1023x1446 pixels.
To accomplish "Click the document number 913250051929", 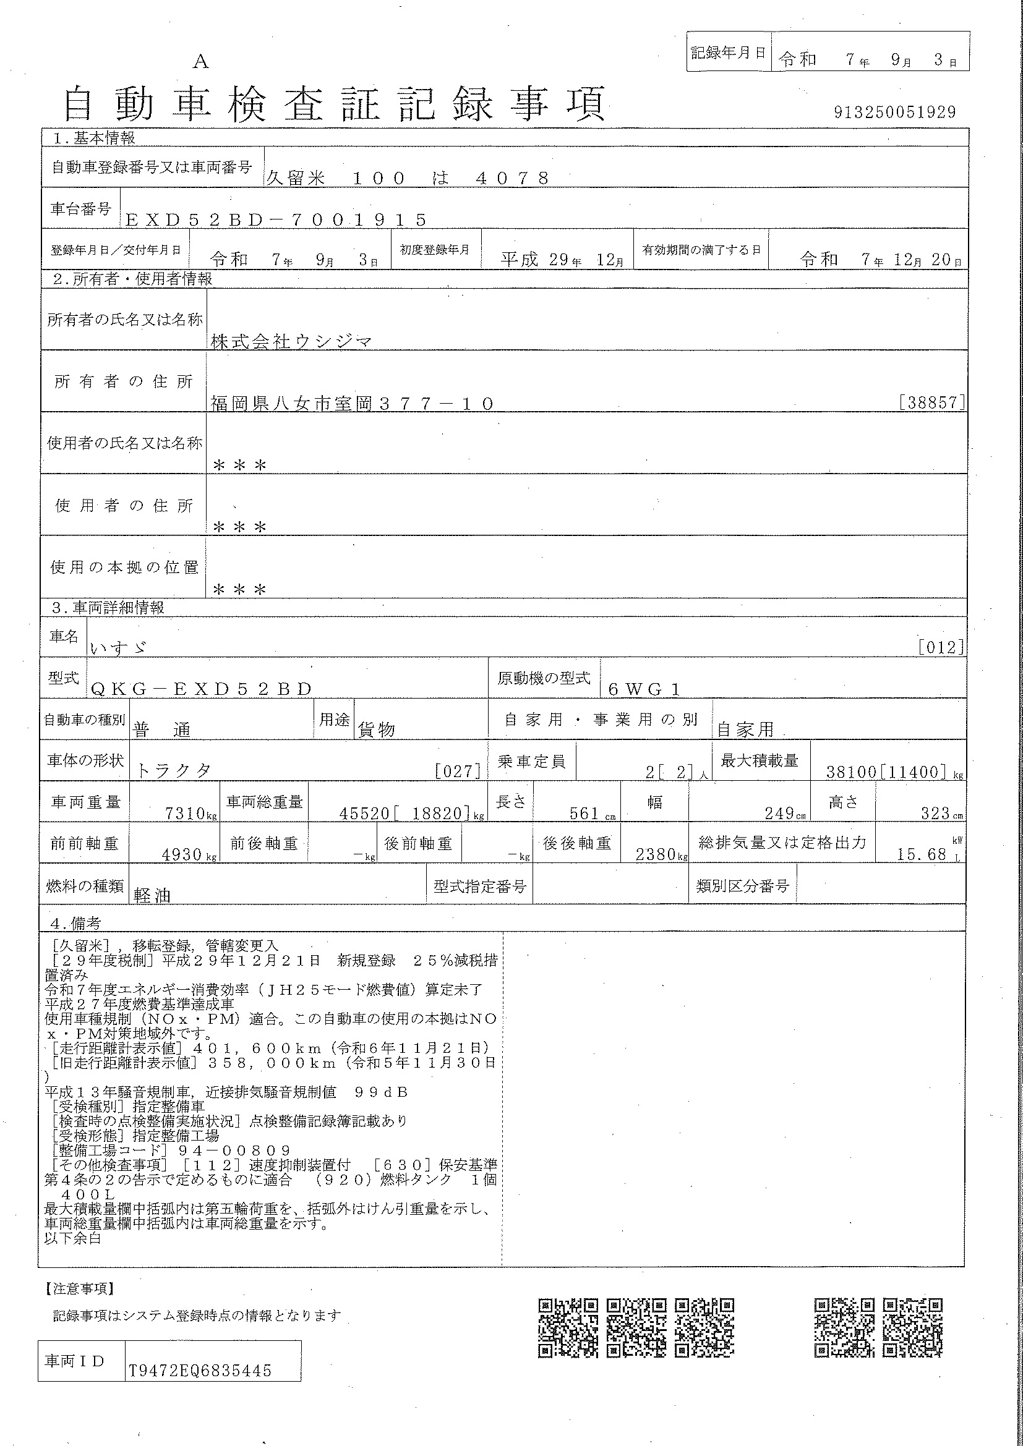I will pyautogui.click(x=894, y=112).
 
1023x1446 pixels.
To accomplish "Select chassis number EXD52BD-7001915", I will pyautogui.click(x=276, y=220).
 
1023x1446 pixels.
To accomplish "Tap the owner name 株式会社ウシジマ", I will pyautogui.click(x=291, y=342).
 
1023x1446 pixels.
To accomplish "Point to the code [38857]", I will pyautogui.click(x=932, y=403).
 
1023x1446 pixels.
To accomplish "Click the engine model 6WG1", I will pyautogui.click(x=644, y=690).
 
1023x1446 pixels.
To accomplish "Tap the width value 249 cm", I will pyautogui.click(x=785, y=814).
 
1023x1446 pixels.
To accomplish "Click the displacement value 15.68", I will pyautogui.click(x=922, y=854).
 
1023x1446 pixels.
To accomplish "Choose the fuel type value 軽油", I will pyautogui.click(x=152, y=896).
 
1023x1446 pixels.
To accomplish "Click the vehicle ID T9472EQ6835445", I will pyautogui.click(x=200, y=1372).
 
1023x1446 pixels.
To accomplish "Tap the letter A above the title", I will pyautogui.click(x=200, y=61).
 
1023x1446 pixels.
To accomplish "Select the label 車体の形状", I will pyautogui.click(x=86, y=761).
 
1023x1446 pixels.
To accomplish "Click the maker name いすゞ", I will pyautogui.click(x=118, y=647).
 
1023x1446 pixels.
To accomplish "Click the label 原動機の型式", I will pyautogui.click(x=544, y=678).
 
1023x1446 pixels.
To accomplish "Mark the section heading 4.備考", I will pyautogui.click(x=75, y=923).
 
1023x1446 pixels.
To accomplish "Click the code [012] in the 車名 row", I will pyautogui.click(x=941, y=647).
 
